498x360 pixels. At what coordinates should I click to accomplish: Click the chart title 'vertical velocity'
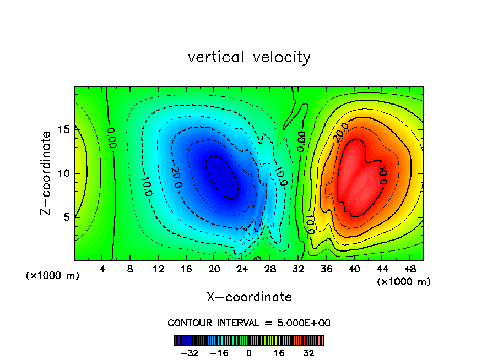click(x=249, y=57)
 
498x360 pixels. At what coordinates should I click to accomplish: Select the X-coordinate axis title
click(x=249, y=297)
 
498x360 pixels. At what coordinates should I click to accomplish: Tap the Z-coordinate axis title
click(x=47, y=173)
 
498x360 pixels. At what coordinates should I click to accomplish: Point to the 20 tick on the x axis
click(x=214, y=269)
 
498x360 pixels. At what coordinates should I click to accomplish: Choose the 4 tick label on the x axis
click(x=102, y=269)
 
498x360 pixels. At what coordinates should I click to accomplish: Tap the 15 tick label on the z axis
click(x=64, y=130)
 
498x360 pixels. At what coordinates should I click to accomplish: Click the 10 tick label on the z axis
click(x=64, y=173)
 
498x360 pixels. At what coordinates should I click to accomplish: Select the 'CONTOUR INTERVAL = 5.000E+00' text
click(x=249, y=323)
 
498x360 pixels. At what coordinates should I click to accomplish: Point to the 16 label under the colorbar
click(x=279, y=353)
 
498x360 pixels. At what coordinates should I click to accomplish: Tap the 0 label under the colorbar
click(x=249, y=353)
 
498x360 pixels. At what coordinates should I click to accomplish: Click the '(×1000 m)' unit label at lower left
click(x=53, y=276)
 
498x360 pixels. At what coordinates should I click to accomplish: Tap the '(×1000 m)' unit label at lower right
click(x=404, y=282)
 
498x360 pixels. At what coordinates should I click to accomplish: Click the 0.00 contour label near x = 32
click(x=301, y=140)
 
